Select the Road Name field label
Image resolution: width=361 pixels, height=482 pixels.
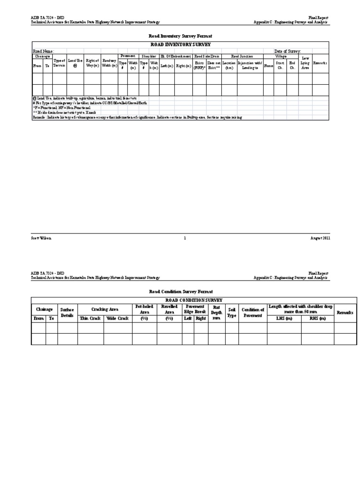tap(43, 51)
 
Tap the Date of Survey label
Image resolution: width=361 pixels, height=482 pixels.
tap(287, 51)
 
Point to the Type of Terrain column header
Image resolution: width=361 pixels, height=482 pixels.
tap(59, 63)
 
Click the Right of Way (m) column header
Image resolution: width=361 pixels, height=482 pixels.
tap(93, 63)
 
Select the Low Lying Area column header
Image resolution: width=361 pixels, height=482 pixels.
tap(305, 63)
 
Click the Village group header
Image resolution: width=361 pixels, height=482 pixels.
tap(281, 56)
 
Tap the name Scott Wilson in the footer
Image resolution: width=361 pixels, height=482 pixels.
tap(41, 238)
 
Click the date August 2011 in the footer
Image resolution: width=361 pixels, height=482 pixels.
tap(320, 238)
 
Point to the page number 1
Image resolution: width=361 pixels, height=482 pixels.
tap(185, 238)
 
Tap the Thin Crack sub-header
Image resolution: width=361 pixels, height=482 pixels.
tap(90, 319)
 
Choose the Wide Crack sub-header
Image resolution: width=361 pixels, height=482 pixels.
tap(118, 319)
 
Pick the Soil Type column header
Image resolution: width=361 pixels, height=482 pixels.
tap(231, 313)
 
